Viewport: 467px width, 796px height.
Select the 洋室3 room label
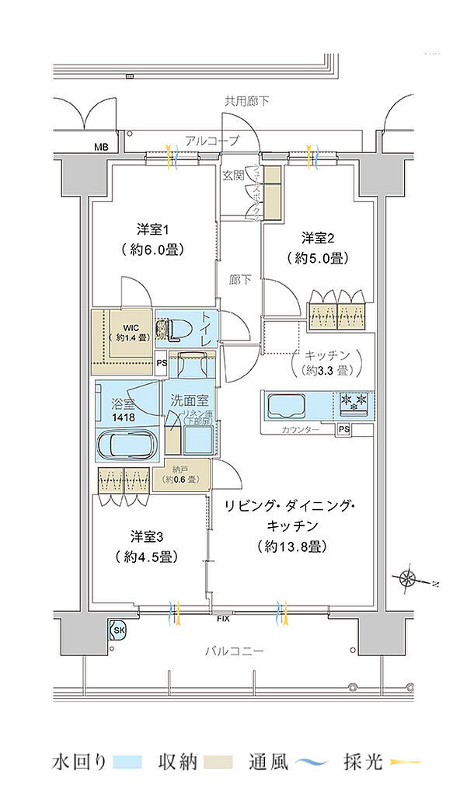(145, 536)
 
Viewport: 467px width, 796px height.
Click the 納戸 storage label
(180, 470)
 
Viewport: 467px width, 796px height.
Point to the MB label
(102, 147)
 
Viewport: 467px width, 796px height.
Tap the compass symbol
(409, 578)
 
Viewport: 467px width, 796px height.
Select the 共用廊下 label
(247, 101)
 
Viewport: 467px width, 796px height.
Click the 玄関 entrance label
(234, 176)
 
